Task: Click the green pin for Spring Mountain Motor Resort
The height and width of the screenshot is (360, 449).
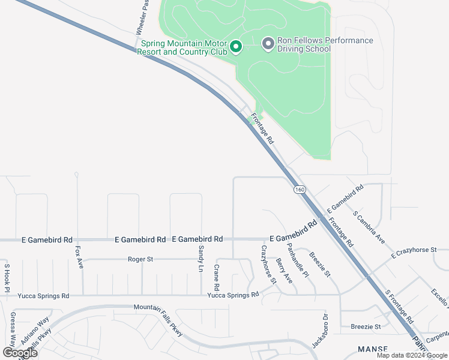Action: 236,46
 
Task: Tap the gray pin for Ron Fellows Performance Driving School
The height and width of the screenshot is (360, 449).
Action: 268,43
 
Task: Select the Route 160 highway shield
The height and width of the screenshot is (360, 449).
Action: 300,190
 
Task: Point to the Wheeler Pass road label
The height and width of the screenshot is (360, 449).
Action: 142,17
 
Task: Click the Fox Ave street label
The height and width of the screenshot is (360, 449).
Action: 79,257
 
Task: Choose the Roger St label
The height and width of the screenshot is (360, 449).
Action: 141,259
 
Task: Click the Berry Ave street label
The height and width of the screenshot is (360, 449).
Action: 284,271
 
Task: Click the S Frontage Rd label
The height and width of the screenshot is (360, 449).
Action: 399,307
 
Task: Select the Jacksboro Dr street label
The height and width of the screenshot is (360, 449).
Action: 318,332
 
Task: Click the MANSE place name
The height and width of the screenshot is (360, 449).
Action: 373,349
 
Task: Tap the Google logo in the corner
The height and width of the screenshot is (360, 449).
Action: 20,352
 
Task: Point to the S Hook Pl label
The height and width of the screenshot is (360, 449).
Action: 7,277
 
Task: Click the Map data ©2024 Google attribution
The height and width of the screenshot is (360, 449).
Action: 412,355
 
